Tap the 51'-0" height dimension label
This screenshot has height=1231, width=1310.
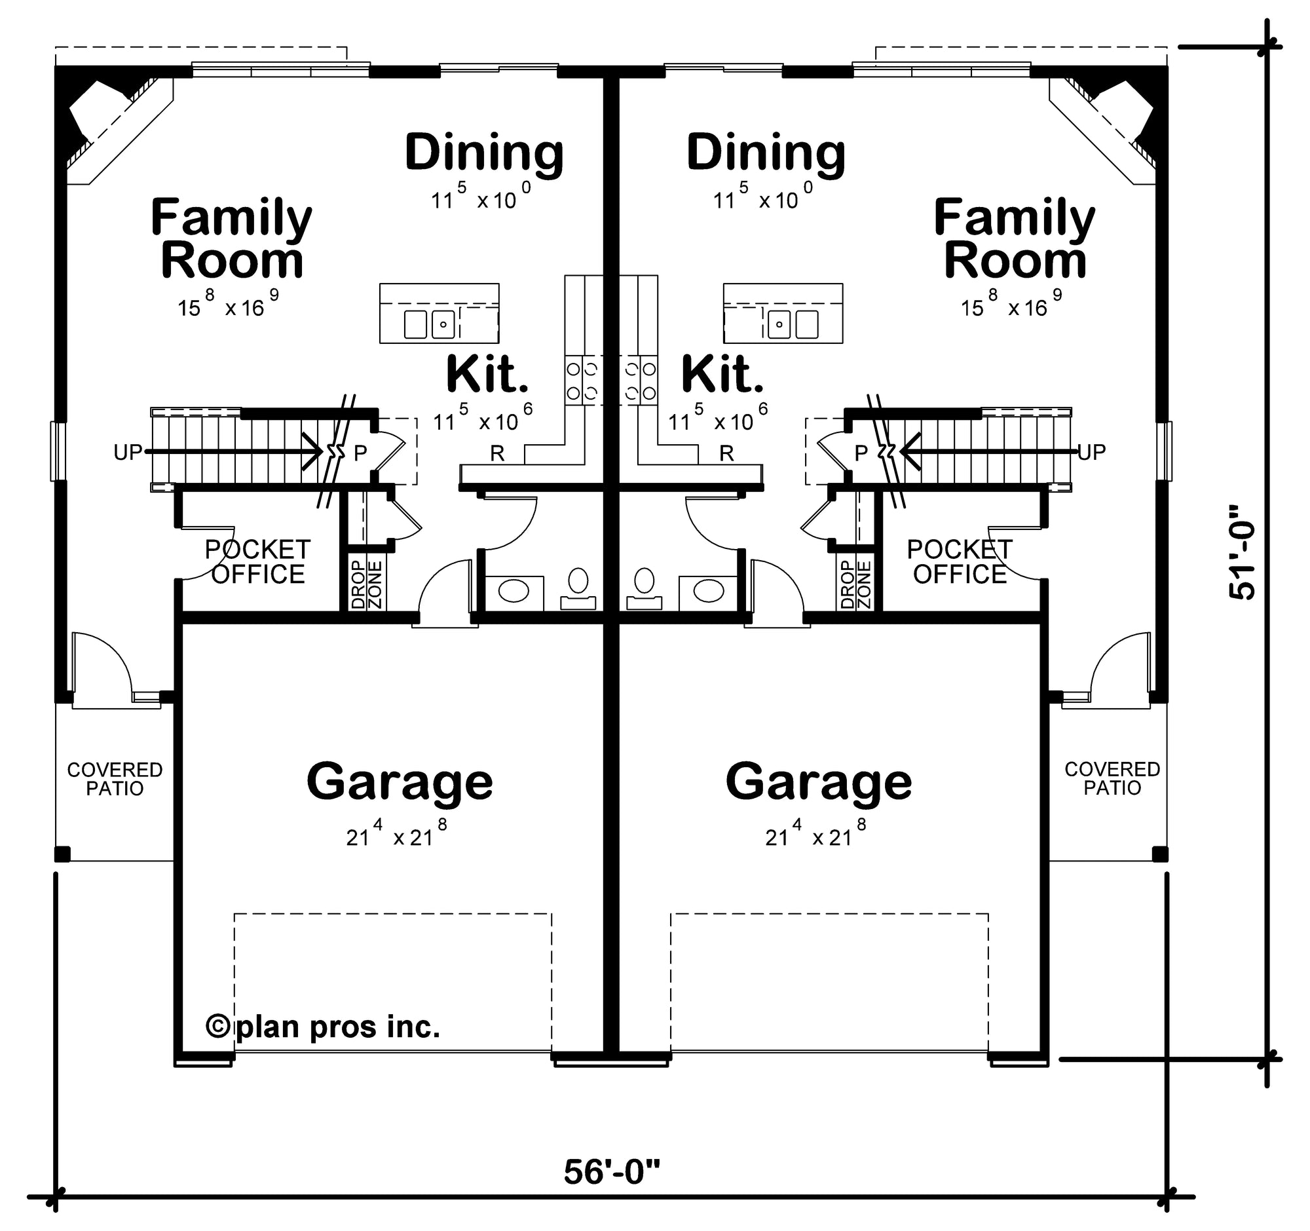click(x=1243, y=561)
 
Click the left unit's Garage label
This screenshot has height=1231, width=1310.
click(x=400, y=782)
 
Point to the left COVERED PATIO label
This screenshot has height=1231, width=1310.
click(x=115, y=779)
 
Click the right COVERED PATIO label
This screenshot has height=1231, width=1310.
click(x=1112, y=778)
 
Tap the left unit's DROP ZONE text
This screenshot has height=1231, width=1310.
click(x=366, y=584)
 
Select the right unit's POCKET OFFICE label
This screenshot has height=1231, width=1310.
click(x=960, y=562)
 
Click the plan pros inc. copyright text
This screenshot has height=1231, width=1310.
click(x=323, y=1027)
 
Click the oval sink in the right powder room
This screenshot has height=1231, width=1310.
click(x=708, y=590)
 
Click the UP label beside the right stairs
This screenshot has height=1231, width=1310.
click(x=1092, y=452)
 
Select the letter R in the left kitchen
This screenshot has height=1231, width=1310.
click(x=497, y=453)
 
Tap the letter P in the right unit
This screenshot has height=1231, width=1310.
click(x=861, y=453)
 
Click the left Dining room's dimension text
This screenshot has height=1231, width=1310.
click(x=481, y=197)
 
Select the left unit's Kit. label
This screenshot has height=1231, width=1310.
click(x=486, y=374)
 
